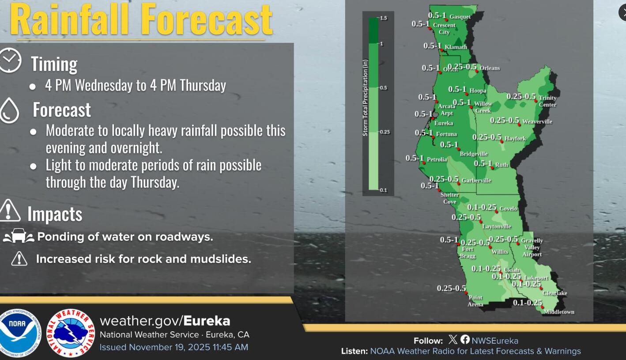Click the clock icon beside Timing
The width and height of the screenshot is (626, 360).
9,61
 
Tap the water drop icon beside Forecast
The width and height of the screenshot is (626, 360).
9,110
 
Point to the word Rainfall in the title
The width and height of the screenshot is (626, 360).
69,19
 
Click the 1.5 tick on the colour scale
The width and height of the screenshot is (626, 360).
382,18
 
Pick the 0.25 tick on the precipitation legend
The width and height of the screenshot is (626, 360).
384,132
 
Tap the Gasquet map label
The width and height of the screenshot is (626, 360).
460,17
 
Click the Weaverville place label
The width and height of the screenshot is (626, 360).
537,121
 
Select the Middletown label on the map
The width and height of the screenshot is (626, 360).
559,312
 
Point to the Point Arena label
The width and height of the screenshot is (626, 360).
475,301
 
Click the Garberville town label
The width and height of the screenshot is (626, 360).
476,180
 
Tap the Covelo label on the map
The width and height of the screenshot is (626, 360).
508,208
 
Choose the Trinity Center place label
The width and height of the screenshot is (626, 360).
547,101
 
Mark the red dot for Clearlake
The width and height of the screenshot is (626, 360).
541,288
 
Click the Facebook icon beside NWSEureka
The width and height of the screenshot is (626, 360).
465,339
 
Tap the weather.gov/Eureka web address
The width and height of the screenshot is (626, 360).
165,321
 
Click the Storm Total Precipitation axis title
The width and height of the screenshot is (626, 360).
366,104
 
